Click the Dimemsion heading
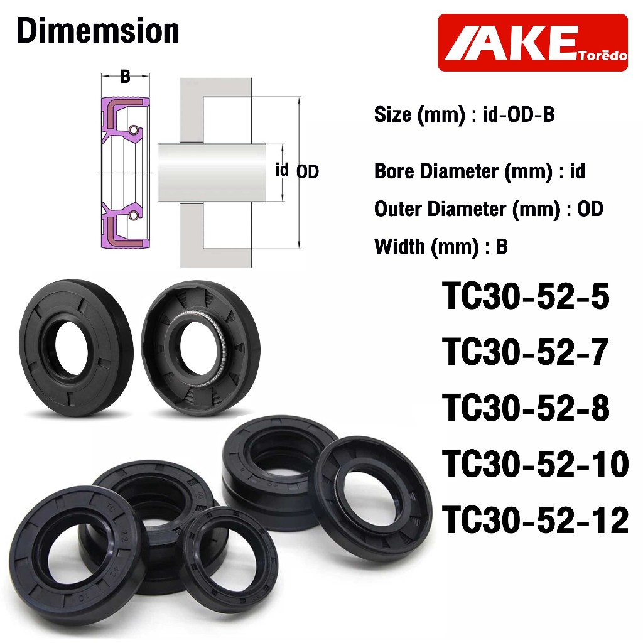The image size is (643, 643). pos(98,31)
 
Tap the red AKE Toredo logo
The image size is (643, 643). pos(532,43)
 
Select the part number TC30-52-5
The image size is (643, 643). pos(526,296)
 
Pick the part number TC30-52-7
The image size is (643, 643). pos(525,352)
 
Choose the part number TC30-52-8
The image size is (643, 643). pos(526,408)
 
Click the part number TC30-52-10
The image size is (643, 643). pos(535,464)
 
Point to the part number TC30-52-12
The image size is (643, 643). pos(535,519)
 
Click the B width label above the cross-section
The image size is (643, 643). pos(125,76)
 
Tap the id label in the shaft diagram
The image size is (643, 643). pos(282,170)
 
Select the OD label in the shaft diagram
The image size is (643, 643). pos(308,171)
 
